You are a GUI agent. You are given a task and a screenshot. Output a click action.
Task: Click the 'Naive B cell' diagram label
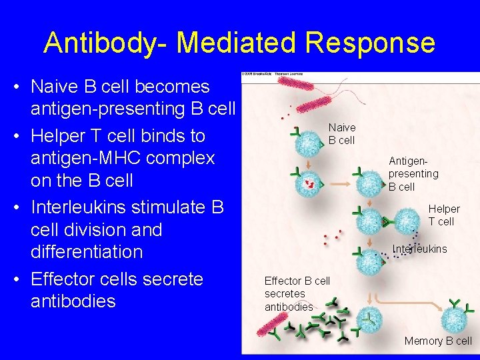click(342, 134)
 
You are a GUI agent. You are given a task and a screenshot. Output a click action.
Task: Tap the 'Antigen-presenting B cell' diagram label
click(413, 173)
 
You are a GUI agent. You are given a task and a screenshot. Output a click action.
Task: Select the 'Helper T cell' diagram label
click(443, 215)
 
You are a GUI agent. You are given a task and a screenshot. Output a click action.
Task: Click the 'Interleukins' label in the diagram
click(420, 249)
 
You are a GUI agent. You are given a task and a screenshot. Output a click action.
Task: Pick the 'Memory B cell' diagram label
click(438, 341)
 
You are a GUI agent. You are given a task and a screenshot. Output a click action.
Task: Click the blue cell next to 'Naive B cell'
click(308, 143)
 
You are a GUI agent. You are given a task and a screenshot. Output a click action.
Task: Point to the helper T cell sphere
click(407, 221)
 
